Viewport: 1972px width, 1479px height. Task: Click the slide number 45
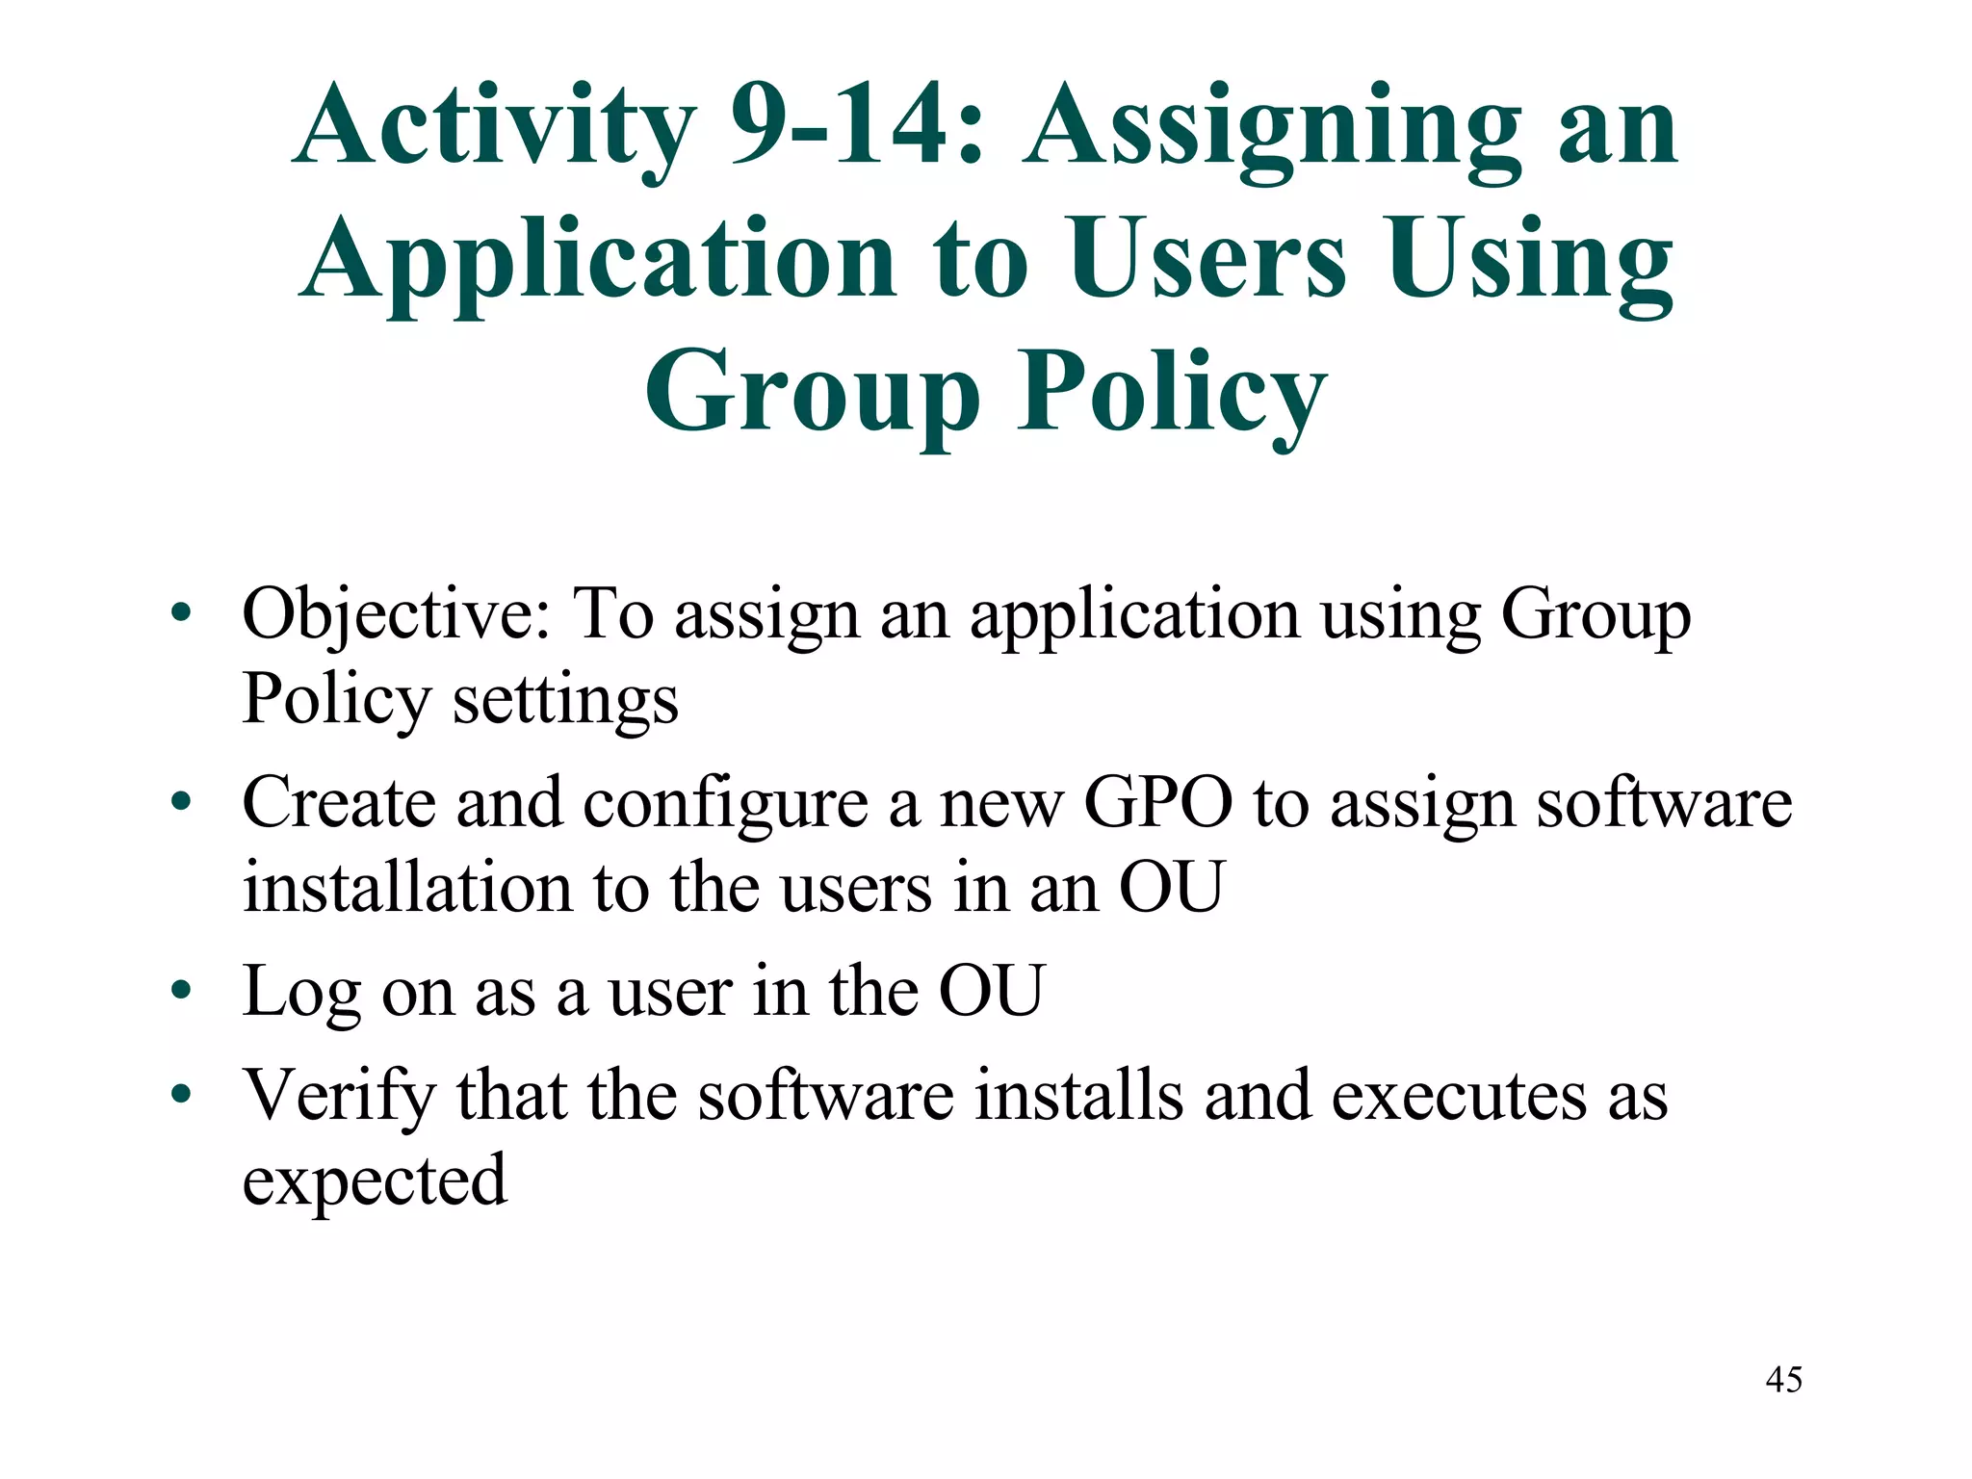pos(1783,1380)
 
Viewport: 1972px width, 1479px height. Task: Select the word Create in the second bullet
pos(338,802)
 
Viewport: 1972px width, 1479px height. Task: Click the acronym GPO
pos(1157,802)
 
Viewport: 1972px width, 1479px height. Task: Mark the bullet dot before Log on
pos(181,991)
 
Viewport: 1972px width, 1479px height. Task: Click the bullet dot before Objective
pos(181,613)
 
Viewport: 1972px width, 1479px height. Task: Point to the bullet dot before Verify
pos(181,1095)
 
